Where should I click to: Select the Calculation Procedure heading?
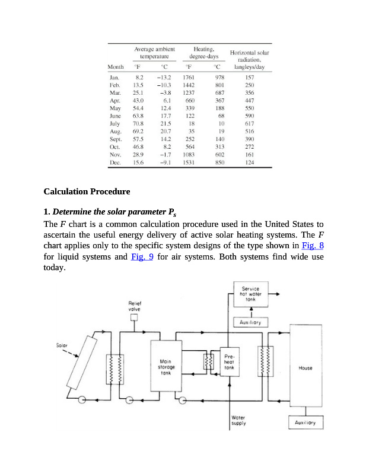tap(87, 192)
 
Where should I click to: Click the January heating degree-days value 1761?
tap(189, 77)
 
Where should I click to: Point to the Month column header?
tap(115, 67)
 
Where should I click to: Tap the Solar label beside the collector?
tap(62, 344)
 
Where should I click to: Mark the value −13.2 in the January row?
tap(164, 77)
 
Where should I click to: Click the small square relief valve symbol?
tap(134, 318)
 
